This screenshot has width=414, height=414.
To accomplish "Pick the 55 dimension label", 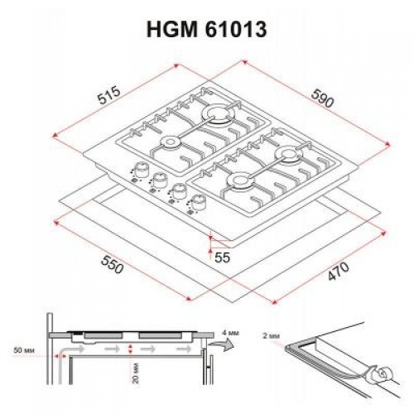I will tap(223, 258).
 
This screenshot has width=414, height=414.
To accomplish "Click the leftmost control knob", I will tap(137, 172).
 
